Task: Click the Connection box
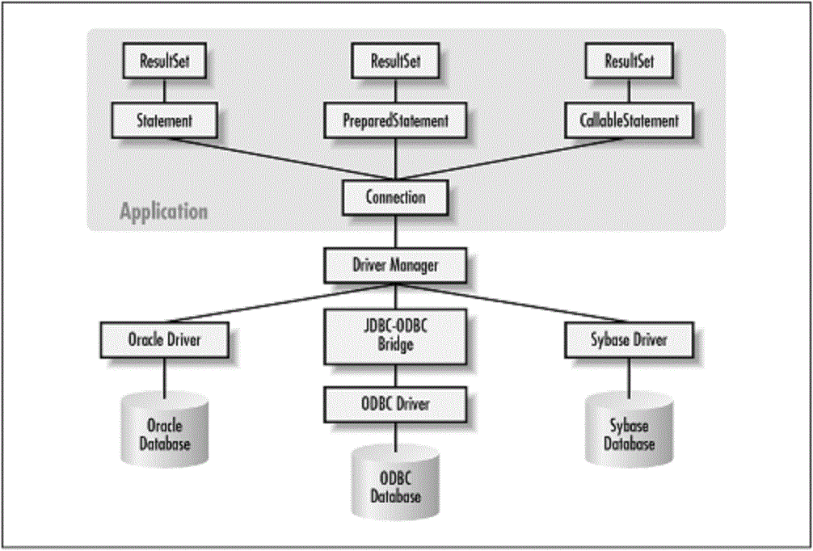394,197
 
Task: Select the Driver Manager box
394,263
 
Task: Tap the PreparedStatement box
396,121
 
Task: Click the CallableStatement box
629,121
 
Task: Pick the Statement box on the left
164,121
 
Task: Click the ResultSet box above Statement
163,61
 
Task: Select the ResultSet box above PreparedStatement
395,61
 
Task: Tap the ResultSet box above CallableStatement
629,61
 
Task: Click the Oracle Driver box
164,340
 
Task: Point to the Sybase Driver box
628,340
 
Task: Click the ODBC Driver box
394,402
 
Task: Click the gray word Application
163,212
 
